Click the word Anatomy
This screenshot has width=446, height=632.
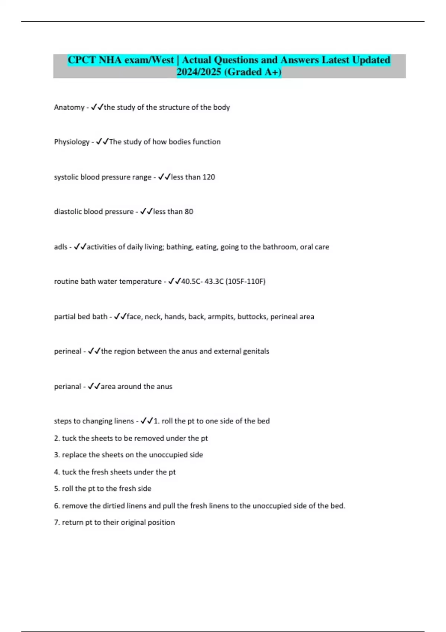coord(69,107)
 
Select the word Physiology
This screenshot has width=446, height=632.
coord(72,142)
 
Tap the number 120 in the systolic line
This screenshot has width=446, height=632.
coord(209,177)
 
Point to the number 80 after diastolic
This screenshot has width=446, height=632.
coord(189,212)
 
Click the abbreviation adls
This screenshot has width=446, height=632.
coord(61,247)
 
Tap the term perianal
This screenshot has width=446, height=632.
coord(67,387)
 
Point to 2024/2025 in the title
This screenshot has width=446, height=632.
coord(199,72)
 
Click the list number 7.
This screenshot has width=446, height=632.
coord(56,522)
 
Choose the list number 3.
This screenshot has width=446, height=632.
coord(56,455)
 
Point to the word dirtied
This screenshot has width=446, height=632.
coord(113,506)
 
